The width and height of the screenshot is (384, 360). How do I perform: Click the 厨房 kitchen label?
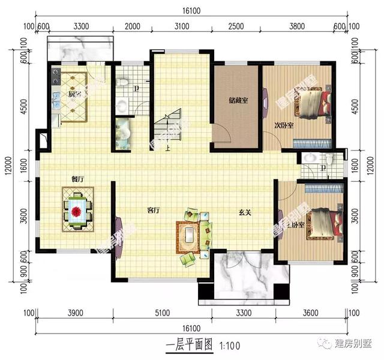click(74, 94)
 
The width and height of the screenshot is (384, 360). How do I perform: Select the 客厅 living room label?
click(154, 210)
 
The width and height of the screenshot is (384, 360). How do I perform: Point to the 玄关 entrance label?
click(244, 211)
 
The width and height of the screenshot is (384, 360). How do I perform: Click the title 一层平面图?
click(188, 346)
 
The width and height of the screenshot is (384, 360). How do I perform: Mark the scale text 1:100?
click(229, 346)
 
